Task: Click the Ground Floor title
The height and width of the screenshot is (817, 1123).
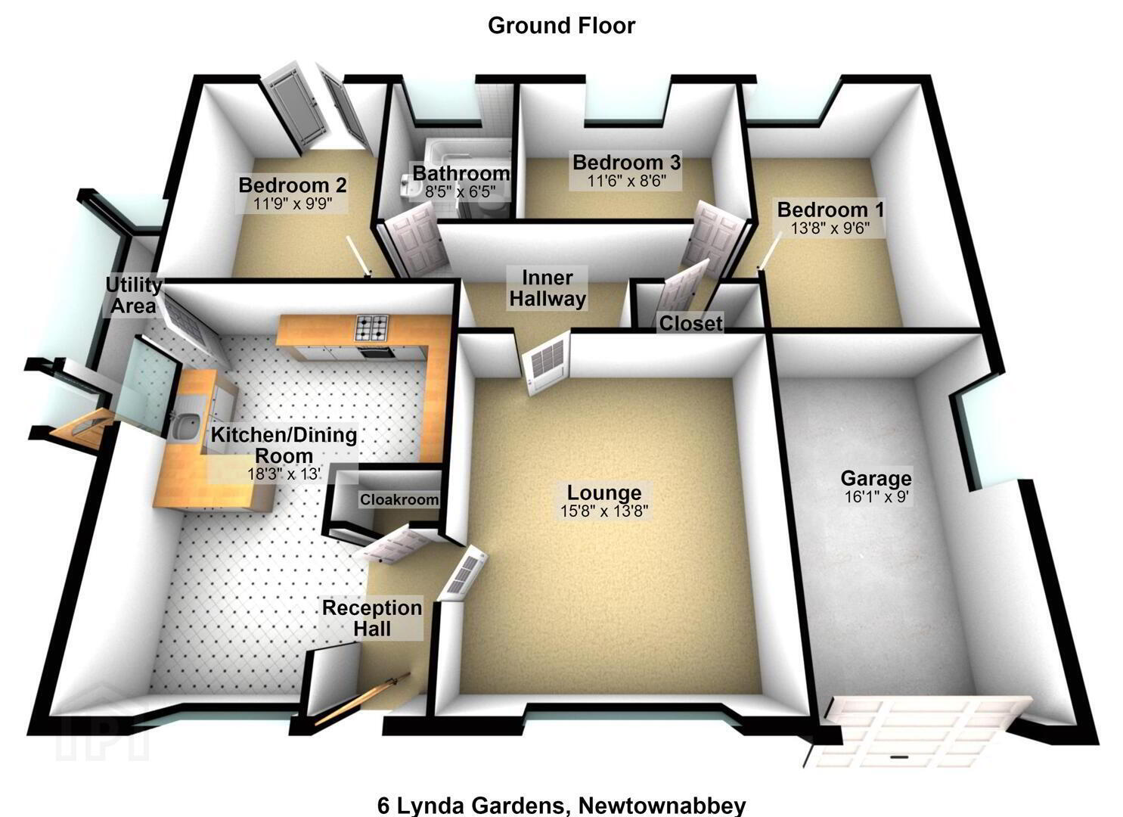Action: (x=561, y=26)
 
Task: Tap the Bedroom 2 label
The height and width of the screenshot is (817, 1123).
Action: (x=293, y=185)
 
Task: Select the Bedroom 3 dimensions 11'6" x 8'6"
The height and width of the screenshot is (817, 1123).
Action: (x=627, y=181)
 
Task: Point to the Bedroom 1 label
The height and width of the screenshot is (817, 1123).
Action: (x=831, y=210)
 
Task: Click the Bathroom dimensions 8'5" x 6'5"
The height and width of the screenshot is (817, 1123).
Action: (x=461, y=191)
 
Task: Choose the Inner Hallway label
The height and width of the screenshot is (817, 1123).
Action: (x=548, y=288)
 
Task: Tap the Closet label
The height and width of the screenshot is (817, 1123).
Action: (x=691, y=324)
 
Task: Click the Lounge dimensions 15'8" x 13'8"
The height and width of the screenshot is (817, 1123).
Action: (x=604, y=511)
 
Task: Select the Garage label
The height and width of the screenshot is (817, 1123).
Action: (x=876, y=478)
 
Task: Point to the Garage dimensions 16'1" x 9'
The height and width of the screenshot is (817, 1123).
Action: (x=876, y=497)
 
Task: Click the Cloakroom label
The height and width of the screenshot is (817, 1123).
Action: (x=399, y=499)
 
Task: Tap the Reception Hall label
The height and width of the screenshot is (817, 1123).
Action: (x=372, y=618)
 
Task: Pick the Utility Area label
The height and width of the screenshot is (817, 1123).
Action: (x=133, y=295)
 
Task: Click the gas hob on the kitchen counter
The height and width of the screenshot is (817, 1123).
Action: (x=371, y=328)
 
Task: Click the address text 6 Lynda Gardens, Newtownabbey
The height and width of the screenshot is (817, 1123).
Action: (x=561, y=806)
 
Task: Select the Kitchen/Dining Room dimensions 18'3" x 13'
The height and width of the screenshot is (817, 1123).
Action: (x=284, y=474)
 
